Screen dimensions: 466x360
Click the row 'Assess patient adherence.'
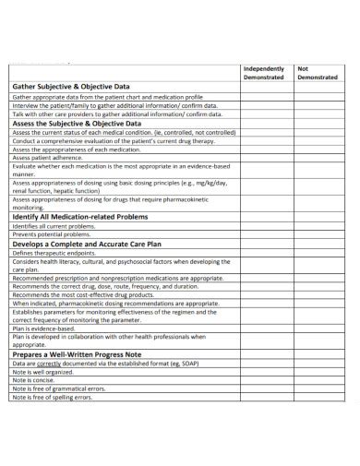[48, 158]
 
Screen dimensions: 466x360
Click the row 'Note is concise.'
[33, 380]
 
